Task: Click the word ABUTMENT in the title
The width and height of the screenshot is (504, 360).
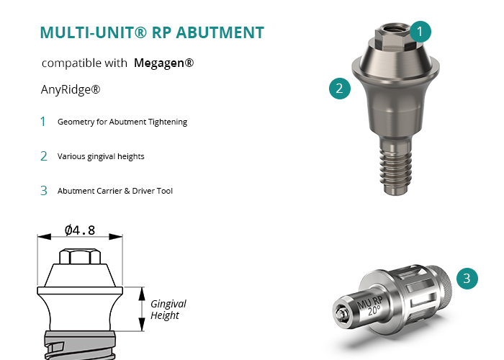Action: (x=220, y=33)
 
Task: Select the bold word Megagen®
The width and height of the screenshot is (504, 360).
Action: (x=164, y=63)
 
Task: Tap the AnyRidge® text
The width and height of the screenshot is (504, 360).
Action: (x=71, y=89)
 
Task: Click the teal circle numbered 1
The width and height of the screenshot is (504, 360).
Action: (x=420, y=32)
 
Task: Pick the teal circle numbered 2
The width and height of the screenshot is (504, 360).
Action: (x=340, y=88)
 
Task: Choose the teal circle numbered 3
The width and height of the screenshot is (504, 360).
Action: (x=467, y=279)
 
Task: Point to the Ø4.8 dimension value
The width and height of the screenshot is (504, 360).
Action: (x=80, y=230)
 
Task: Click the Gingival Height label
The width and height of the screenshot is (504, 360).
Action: (x=168, y=309)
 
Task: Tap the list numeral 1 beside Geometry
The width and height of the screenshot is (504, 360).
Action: (x=43, y=122)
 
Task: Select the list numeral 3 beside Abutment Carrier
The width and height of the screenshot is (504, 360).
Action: (x=44, y=191)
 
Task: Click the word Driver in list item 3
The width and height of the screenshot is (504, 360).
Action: (x=143, y=191)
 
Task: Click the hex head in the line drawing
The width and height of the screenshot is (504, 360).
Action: (x=80, y=256)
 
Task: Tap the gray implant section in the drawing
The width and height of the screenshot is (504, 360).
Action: (x=80, y=345)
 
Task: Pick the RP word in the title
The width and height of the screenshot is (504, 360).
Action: (x=161, y=33)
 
